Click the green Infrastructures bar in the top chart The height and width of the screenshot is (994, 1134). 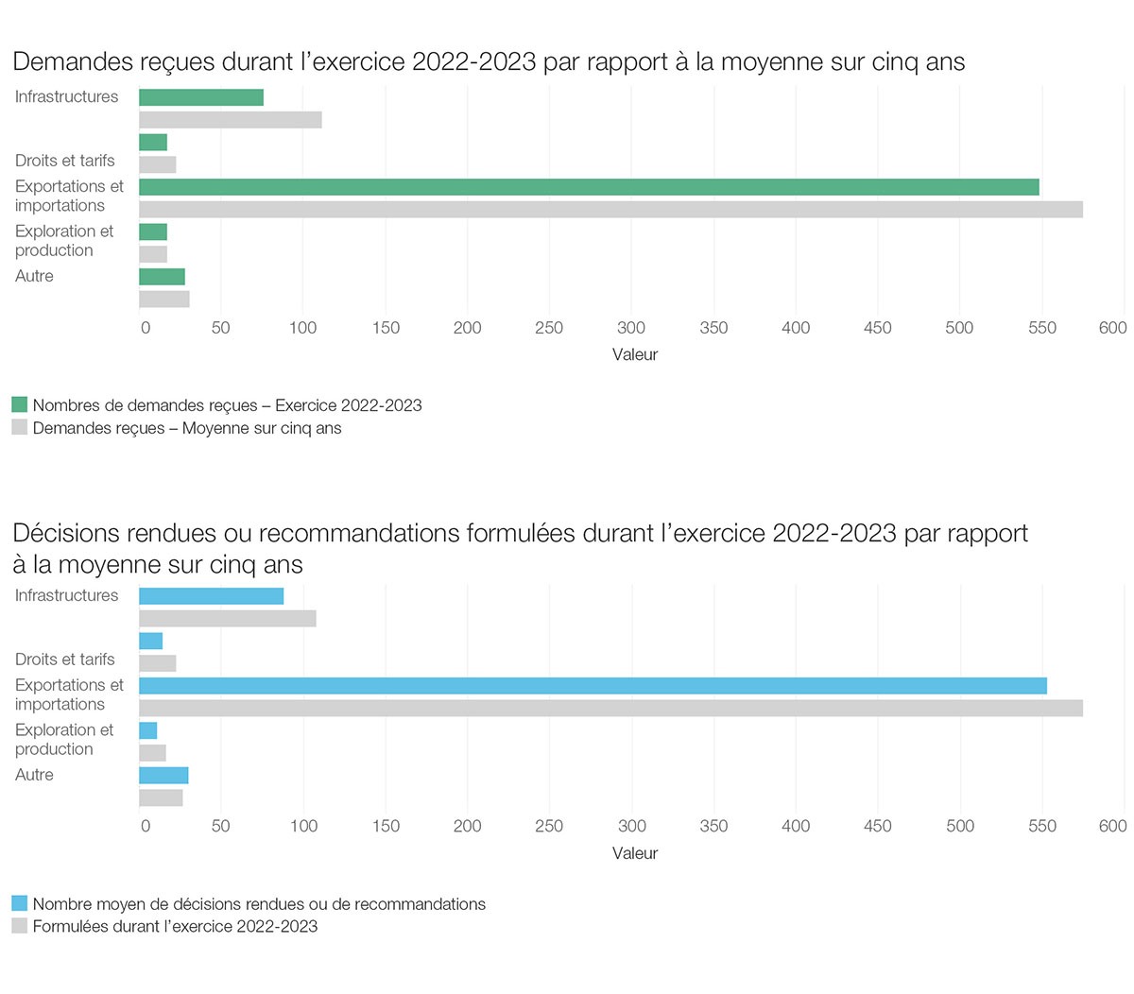pos(200,97)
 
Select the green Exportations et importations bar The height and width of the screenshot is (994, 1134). pos(588,187)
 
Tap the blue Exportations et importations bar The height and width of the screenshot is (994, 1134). pos(593,686)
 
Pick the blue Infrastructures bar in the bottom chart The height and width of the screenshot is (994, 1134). pos(211,596)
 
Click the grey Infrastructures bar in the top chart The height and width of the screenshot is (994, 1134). pos(230,120)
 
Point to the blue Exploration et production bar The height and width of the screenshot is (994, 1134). pos(147,730)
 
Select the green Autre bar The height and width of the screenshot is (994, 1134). pos(162,277)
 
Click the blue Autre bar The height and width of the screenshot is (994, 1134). pos(163,776)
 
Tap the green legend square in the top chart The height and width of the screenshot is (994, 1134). pos(20,405)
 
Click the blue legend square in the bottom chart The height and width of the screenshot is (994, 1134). pos(20,903)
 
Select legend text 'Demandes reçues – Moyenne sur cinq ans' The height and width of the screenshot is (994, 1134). pos(187,428)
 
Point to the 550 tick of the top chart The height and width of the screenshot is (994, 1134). pos(1041,328)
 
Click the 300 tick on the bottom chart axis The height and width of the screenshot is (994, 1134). pos(631,826)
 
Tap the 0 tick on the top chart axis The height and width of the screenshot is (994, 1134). pos(145,328)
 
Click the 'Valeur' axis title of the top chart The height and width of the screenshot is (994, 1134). pos(634,355)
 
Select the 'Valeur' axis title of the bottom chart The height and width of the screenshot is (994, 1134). pos(634,853)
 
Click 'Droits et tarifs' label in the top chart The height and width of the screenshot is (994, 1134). pos(64,161)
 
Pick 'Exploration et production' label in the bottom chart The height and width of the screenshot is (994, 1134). pos(62,740)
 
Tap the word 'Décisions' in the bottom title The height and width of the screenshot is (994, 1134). pos(66,534)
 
